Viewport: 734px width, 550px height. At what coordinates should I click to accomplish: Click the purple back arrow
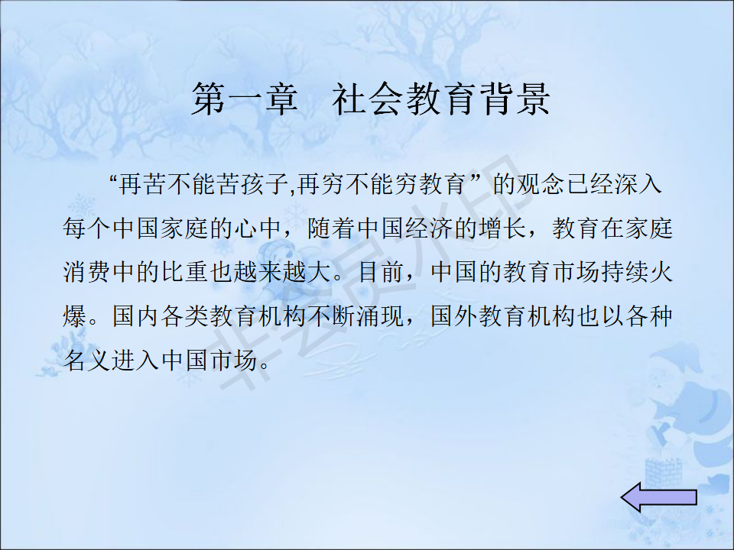[658, 497]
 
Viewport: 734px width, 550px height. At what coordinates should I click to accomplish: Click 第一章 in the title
[245, 99]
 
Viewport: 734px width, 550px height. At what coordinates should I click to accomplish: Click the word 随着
[332, 228]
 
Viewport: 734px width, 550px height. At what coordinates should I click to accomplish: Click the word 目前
[381, 273]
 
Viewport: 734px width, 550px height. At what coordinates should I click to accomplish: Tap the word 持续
[625, 273]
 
